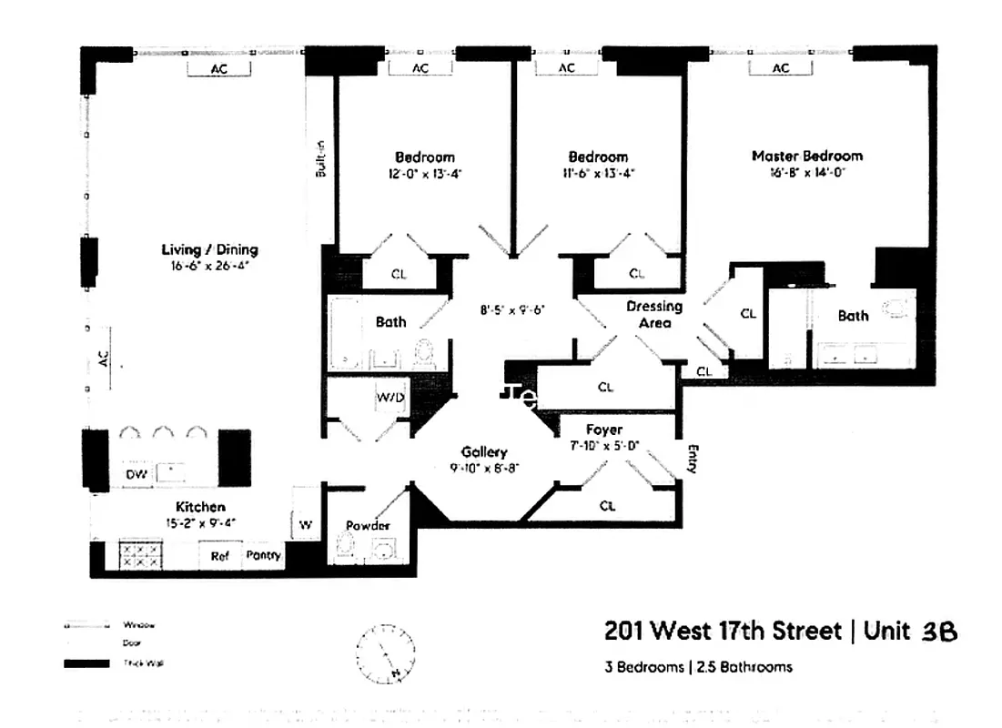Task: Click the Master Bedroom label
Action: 806,156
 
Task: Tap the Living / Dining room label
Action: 209,249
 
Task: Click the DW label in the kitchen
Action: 135,473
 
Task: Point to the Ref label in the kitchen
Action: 220,555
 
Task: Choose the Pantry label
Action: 264,555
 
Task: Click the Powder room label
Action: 368,526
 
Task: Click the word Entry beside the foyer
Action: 692,458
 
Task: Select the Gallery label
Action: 483,451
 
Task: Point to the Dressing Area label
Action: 653,315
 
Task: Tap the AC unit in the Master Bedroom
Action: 781,68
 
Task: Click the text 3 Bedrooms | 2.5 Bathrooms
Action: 698,667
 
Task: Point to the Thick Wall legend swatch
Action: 86,663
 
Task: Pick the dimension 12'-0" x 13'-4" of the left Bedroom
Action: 424,173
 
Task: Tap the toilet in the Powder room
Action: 345,547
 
